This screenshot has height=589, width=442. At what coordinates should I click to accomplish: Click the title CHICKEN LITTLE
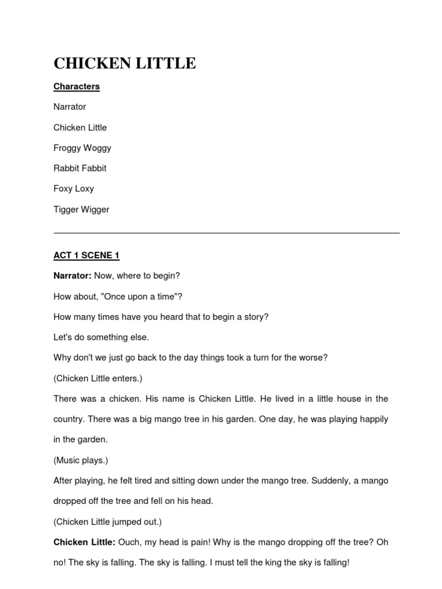124,63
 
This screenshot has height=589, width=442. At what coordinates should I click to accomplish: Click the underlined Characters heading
77,86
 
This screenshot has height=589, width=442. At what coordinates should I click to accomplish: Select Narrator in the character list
70,107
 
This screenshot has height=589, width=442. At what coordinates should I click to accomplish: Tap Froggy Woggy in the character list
82,148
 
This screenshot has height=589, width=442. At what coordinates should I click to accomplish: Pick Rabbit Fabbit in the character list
80,169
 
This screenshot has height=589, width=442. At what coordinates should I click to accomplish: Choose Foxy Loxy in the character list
74,189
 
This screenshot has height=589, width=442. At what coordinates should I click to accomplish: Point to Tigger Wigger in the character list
81,209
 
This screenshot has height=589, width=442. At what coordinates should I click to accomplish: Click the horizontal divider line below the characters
226,233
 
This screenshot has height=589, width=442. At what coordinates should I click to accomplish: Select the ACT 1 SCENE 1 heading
86,255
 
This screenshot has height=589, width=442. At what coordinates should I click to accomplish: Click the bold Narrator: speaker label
73,276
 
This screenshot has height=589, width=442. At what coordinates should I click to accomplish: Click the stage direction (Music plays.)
81,460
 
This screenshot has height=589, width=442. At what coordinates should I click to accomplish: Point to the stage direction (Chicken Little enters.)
98,378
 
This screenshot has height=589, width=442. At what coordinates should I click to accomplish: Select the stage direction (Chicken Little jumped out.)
108,522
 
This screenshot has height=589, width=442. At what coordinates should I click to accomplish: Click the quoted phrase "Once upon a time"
151,296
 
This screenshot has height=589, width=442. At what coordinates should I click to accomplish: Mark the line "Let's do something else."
101,337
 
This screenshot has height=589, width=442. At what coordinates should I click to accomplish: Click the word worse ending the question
311,358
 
